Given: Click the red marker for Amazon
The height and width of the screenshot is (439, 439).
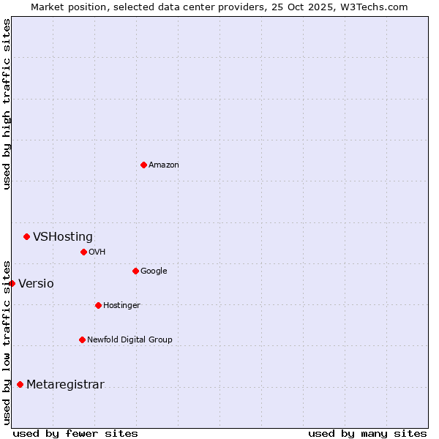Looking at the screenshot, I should (143, 165).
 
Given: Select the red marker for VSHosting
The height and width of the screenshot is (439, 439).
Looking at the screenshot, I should (26, 236).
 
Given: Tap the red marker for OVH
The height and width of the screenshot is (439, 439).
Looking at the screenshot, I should (83, 252).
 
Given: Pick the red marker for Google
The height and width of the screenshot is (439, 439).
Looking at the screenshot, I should (135, 271).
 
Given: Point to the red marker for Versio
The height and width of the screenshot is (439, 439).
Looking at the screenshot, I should (12, 283).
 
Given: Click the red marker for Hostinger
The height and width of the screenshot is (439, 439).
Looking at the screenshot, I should (98, 305).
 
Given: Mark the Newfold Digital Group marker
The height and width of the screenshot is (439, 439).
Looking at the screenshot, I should (82, 339).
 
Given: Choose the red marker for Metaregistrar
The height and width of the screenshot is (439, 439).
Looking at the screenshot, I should (20, 384).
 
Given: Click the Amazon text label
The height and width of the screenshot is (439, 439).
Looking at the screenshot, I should (164, 165).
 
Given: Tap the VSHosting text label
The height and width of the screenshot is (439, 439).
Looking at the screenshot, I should (63, 237).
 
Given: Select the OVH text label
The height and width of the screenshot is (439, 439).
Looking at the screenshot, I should (97, 252).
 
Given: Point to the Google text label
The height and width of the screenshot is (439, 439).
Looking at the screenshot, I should (154, 271).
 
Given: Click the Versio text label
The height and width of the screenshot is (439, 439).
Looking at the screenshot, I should (36, 284).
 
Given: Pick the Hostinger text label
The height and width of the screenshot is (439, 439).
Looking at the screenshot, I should (121, 306).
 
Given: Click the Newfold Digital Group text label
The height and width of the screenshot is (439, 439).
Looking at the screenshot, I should (130, 340).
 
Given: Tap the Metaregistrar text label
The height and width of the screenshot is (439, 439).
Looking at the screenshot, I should (65, 385).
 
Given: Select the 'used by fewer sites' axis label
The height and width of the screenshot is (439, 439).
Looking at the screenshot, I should (75, 433).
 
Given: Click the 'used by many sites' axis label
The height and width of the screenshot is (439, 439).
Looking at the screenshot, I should (367, 433).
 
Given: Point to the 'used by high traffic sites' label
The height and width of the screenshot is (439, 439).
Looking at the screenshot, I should (7, 104).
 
